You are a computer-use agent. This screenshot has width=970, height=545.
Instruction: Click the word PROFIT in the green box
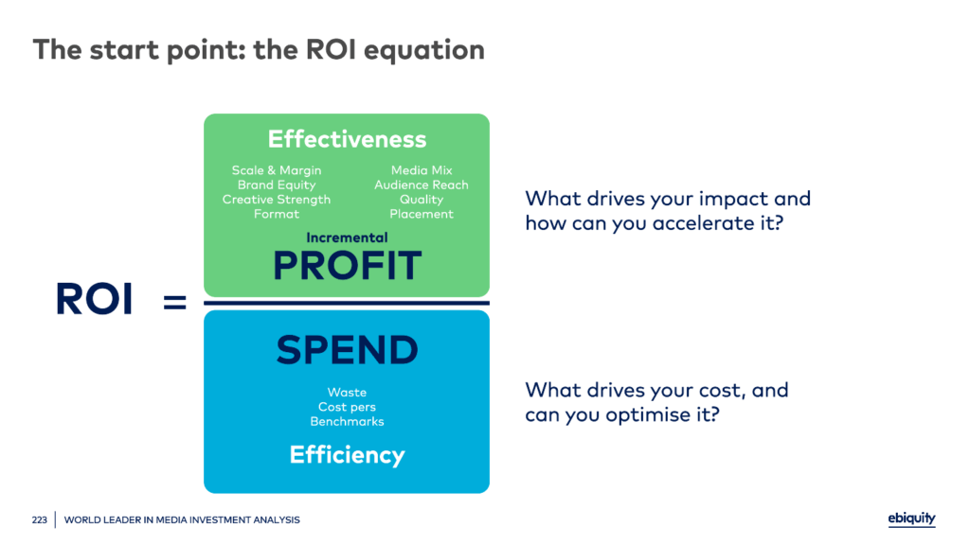tap(347, 266)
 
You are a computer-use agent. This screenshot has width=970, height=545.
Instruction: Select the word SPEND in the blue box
tap(347, 350)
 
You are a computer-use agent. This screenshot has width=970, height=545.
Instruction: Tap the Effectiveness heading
tap(347, 139)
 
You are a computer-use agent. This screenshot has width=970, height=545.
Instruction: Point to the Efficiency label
tap(347, 455)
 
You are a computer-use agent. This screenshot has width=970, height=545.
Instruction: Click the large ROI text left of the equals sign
tap(94, 300)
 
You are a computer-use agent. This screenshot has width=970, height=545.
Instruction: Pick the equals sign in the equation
tap(175, 302)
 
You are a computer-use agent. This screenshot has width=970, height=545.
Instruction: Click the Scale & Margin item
tap(277, 170)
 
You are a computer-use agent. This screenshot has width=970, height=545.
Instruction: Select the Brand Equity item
tap(277, 185)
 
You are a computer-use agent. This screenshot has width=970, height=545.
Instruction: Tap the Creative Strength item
tap(277, 200)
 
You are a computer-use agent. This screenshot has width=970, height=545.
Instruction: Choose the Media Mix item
tap(422, 170)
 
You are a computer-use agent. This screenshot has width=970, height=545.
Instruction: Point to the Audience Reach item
tap(422, 185)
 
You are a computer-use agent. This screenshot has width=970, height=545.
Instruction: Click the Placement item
tap(422, 214)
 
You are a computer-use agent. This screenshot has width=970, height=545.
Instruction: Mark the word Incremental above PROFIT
tap(347, 237)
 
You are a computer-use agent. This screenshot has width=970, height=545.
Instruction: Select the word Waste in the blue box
tap(347, 393)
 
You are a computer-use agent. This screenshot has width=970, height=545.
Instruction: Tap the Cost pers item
tap(347, 407)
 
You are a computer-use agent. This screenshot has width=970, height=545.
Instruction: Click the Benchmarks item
tap(347, 421)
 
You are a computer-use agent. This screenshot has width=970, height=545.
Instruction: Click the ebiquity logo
tap(911, 519)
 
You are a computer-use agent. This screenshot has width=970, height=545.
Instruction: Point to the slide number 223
tap(38, 519)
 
